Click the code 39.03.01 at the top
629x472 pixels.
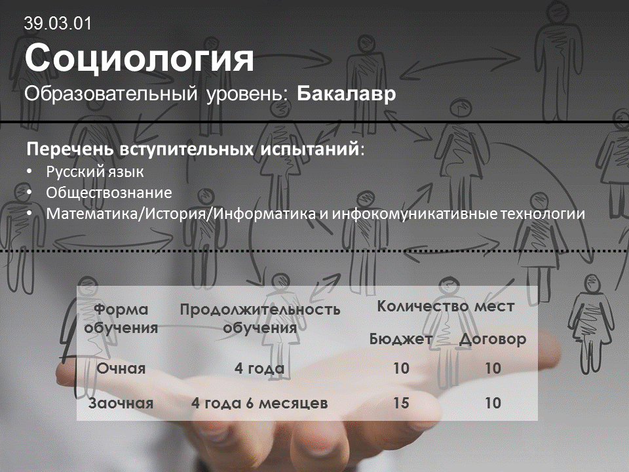click(x=58, y=24)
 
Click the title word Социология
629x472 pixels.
click(x=139, y=58)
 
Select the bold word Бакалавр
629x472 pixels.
click(x=346, y=94)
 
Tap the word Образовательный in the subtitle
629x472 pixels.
click(x=111, y=94)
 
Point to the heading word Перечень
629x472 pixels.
click(x=71, y=149)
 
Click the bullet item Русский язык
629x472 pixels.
click(x=94, y=172)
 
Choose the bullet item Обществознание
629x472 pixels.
click(x=109, y=193)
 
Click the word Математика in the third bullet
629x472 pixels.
click(x=92, y=214)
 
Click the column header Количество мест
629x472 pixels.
click(x=446, y=306)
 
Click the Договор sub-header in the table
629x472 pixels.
click(x=493, y=340)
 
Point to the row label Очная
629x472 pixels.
click(x=121, y=368)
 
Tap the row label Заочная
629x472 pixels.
click(x=121, y=403)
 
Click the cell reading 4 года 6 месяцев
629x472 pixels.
click(x=259, y=403)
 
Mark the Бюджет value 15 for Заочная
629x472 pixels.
click(x=401, y=403)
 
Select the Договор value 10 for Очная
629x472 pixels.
click(x=493, y=368)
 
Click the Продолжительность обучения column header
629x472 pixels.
click(x=259, y=319)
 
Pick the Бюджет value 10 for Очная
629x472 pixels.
click(x=401, y=368)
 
